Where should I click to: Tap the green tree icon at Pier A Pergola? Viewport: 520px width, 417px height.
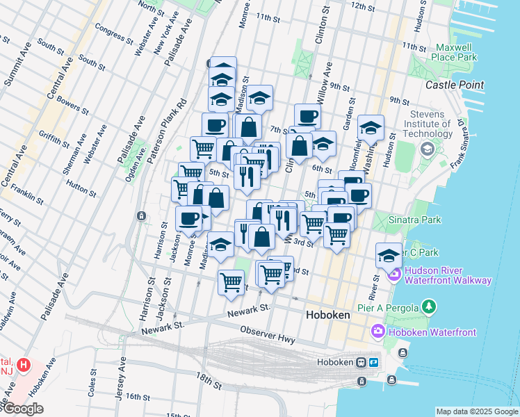[x=430, y=306]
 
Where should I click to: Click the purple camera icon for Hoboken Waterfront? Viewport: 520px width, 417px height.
[x=378, y=332]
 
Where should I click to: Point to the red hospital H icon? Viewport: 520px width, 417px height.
[x=24, y=364]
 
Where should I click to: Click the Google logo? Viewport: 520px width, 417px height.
[x=22, y=409]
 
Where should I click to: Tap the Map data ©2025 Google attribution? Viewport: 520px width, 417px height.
[x=477, y=411]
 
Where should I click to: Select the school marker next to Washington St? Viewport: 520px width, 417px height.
[x=371, y=128]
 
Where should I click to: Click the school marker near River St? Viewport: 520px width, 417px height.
[x=389, y=255]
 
